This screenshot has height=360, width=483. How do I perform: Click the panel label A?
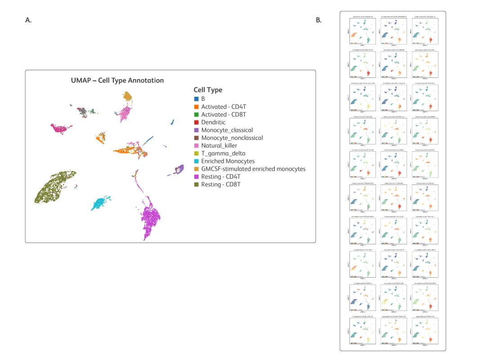point(28,20)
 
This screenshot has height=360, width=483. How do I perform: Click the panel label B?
point(318,20)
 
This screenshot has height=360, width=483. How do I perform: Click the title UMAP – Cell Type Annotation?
point(117,81)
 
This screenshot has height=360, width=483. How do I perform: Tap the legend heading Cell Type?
point(208,90)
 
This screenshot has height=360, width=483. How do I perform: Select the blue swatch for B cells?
point(196,99)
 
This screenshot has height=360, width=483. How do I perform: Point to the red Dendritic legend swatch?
point(196,122)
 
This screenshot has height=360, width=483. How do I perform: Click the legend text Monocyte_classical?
point(227,130)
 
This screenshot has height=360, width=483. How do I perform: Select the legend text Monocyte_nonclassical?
point(232,138)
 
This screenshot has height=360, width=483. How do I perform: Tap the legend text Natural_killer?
point(219,145)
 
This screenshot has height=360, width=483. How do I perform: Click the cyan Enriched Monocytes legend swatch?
point(196,161)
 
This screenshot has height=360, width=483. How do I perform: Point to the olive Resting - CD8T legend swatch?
point(196,184)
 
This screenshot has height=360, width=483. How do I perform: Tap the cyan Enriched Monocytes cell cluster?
point(101,203)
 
